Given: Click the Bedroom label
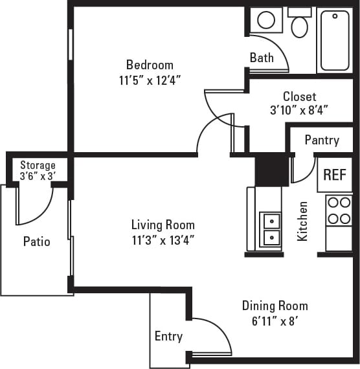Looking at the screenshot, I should coord(150,65).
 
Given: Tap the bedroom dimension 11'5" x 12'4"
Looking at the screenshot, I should coord(150,80).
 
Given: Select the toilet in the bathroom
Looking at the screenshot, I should coord(299,25).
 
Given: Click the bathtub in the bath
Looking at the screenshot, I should coord(335,40).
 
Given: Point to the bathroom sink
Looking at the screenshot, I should coord(266,20).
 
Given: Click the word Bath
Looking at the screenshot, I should coord(262,58).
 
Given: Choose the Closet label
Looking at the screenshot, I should coord(299,96).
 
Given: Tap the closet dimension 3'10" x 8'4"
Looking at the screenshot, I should coord(299,110).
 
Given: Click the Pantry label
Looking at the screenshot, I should coord(322,140).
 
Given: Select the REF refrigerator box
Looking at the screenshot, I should coord(334,174).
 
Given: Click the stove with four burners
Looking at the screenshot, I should coord(338,210).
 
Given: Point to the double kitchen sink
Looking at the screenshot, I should coord(270,230).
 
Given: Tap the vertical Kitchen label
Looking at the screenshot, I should coord(302,221).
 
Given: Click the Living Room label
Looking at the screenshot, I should coord(163,225).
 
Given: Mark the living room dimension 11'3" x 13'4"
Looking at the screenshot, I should coord(163,240).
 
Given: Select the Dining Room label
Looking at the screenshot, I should coord(275,306).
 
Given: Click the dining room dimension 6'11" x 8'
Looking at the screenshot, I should coord(275,320).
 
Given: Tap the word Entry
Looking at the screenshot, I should coord(168,337).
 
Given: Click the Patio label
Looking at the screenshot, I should coord(37,241).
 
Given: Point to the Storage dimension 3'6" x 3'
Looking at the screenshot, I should coord(38,175).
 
